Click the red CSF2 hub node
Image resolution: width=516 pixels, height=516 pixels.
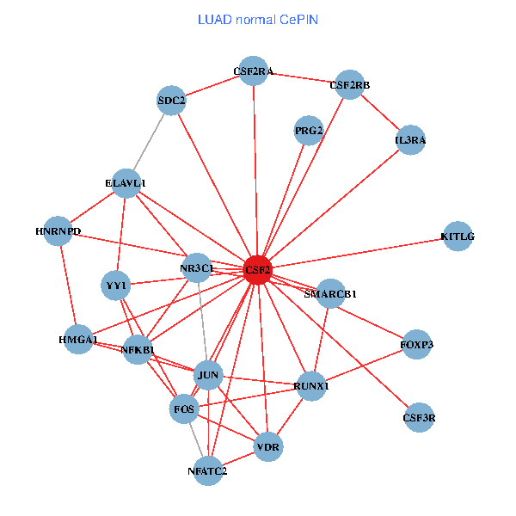pyautogui.click(x=258, y=269)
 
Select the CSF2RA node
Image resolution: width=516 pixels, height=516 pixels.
pyautogui.click(x=253, y=71)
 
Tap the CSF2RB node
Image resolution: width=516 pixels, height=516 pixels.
pyautogui.click(x=349, y=84)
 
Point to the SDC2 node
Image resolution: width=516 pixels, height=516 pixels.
pyautogui.click(x=172, y=101)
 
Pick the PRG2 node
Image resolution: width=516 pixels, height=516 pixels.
pyautogui.click(x=308, y=131)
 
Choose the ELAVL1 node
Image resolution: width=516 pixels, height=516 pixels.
pyautogui.click(x=126, y=183)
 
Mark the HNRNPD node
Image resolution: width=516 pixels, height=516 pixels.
pyautogui.click(x=58, y=231)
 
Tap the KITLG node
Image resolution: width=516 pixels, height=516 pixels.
pyautogui.click(x=458, y=236)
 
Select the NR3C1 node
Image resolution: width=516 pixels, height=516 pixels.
pyautogui.click(x=197, y=268)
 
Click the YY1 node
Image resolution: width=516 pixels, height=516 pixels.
pyautogui.click(x=116, y=285)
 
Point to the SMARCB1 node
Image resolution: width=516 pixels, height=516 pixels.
pyautogui.click(x=331, y=293)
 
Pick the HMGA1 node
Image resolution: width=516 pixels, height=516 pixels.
pyautogui.click(x=78, y=341)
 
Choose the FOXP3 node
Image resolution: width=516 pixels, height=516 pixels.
pyautogui.click(x=417, y=345)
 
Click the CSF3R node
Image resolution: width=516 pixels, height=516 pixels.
pyautogui.click(x=420, y=417)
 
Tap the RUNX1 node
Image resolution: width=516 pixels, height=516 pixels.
pyautogui.click(x=311, y=384)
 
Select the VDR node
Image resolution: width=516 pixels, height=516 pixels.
pyautogui.click(x=269, y=447)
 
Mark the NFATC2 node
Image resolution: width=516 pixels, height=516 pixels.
pyautogui.click(x=207, y=470)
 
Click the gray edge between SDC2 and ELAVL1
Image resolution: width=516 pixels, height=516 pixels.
pyautogui.click(x=149, y=142)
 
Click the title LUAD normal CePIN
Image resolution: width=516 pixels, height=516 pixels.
pyautogui.click(x=258, y=19)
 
